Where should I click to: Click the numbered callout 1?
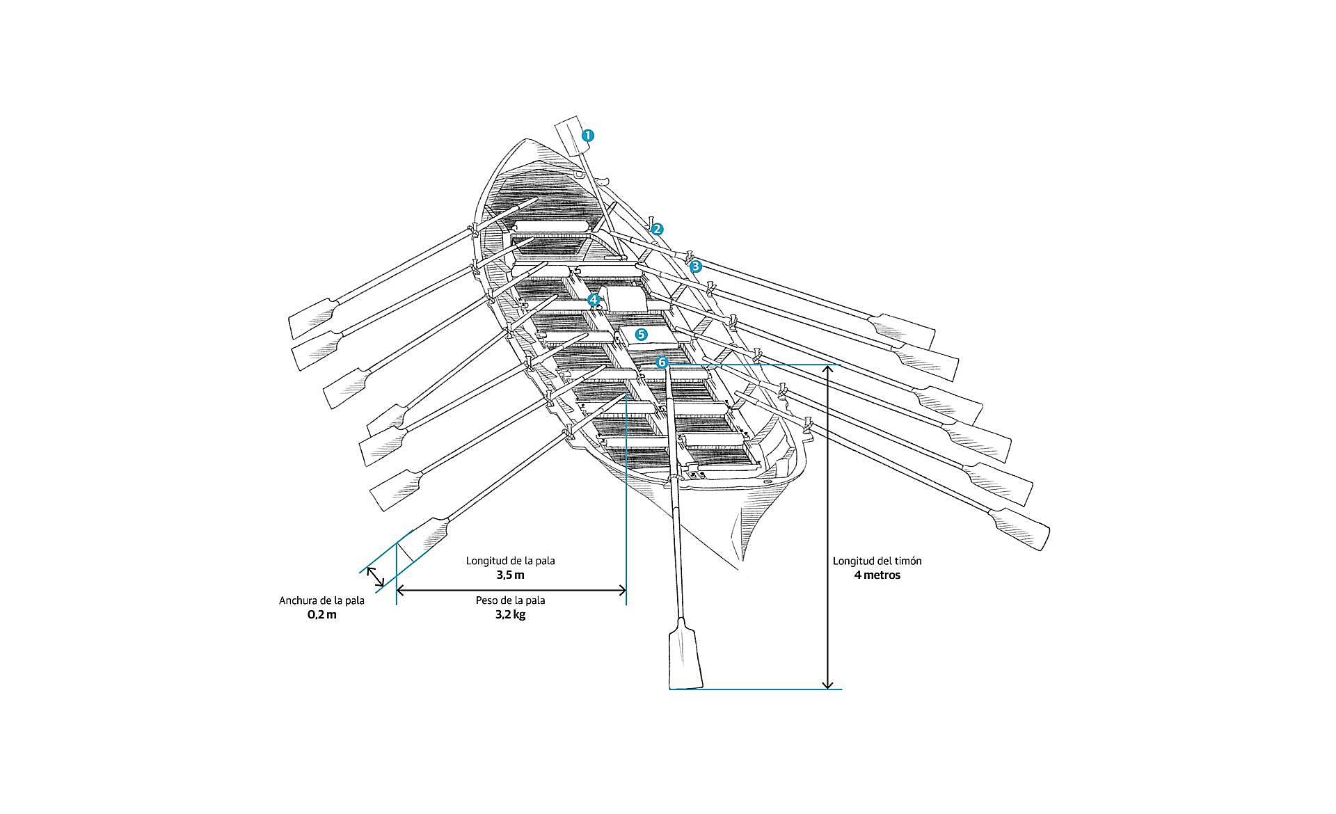click(588, 136)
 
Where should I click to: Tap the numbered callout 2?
click(657, 229)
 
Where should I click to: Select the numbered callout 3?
click(696, 266)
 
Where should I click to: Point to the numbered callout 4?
click(594, 300)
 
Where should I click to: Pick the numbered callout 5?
click(642, 334)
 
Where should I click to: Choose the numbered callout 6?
click(662, 362)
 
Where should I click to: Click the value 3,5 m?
click(510, 575)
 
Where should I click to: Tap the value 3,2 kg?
click(510, 615)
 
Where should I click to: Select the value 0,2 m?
click(321, 615)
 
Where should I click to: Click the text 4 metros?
click(877, 575)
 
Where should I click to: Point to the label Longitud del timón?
click(877, 561)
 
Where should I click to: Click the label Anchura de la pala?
click(321, 600)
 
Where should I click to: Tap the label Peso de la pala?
click(510, 600)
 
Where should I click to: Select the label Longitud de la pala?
click(510, 561)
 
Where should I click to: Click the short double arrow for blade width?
click(375, 576)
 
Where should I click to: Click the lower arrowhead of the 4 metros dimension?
click(827, 685)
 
